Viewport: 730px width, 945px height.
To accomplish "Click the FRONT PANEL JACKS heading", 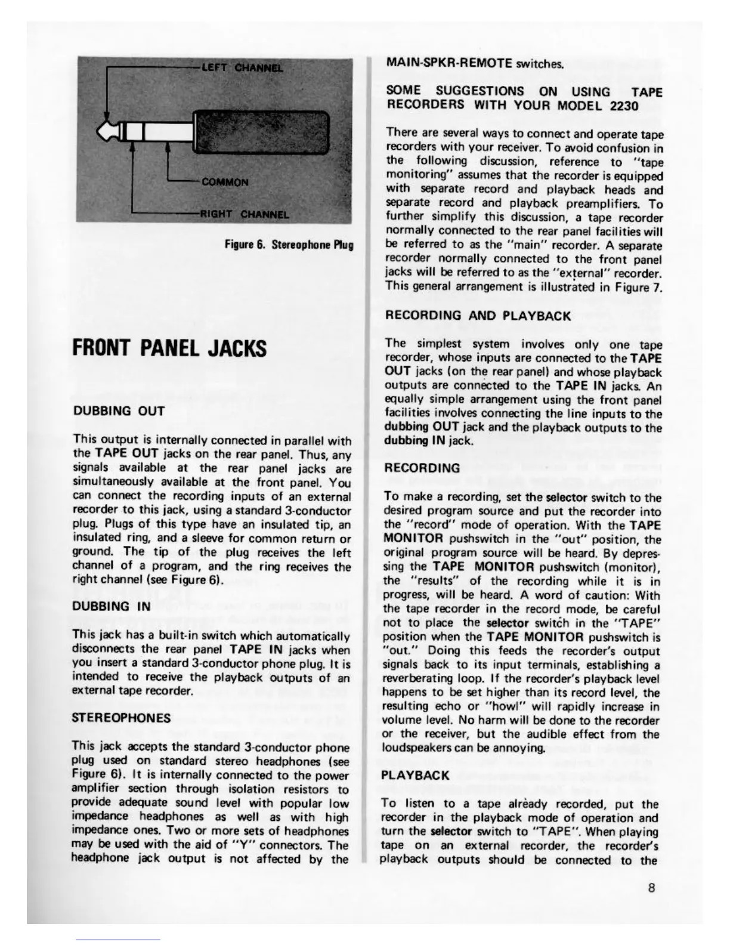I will pyautogui.click(x=169, y=348).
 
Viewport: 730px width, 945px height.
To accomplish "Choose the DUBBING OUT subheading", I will pyautogui.click(x=118, y=411).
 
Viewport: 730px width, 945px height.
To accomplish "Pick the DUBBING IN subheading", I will pyautogui.click(x=111, y=606).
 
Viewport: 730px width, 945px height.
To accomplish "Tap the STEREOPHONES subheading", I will pyautogui.click(x=121, y=717).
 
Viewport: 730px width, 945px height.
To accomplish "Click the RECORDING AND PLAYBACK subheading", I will pyautogui.click(x=478, y=315).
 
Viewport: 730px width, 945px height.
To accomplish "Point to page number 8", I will pyautogui.click(x=651, y=887).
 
